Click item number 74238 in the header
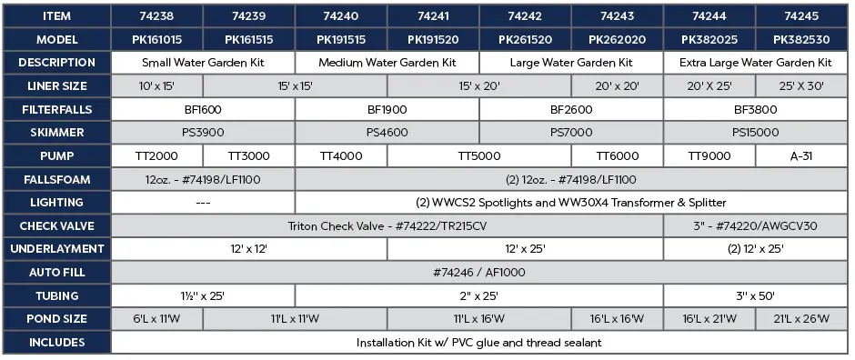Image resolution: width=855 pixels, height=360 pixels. coord(156,16)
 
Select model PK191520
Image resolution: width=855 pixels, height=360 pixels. coord(433,40)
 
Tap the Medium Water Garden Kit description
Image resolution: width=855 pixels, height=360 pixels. coord(387,63)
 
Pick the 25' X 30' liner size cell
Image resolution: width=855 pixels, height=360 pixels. coord(802,86)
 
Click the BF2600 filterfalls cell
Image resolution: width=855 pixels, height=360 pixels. coord(571,110)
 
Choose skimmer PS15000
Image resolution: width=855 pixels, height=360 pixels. coord(756,133)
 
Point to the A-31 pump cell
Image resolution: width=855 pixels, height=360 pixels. coord(802,156)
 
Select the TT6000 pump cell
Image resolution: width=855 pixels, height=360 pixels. coord(618,156)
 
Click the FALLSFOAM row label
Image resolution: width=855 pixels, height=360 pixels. coord(56,179)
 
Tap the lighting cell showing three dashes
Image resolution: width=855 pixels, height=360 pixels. coord(203,203)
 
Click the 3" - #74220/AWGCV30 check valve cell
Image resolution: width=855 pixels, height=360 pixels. coord(756,225)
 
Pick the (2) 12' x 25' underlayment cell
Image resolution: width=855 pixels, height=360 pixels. coord(756,249)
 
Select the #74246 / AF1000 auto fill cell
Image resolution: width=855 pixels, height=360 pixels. coord(479,272)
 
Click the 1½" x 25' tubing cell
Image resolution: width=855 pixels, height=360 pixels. coord(203,295)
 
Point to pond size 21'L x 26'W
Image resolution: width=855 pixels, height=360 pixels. coord(802,319)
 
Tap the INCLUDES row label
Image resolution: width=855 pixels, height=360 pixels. coord(56,343)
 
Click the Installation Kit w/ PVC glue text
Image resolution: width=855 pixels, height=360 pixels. coord(479,343)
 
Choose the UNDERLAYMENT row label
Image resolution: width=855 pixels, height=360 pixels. coord(56,249)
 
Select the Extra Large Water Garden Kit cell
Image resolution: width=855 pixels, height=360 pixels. coord(756,63)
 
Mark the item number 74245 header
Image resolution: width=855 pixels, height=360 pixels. coord(802,16)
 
